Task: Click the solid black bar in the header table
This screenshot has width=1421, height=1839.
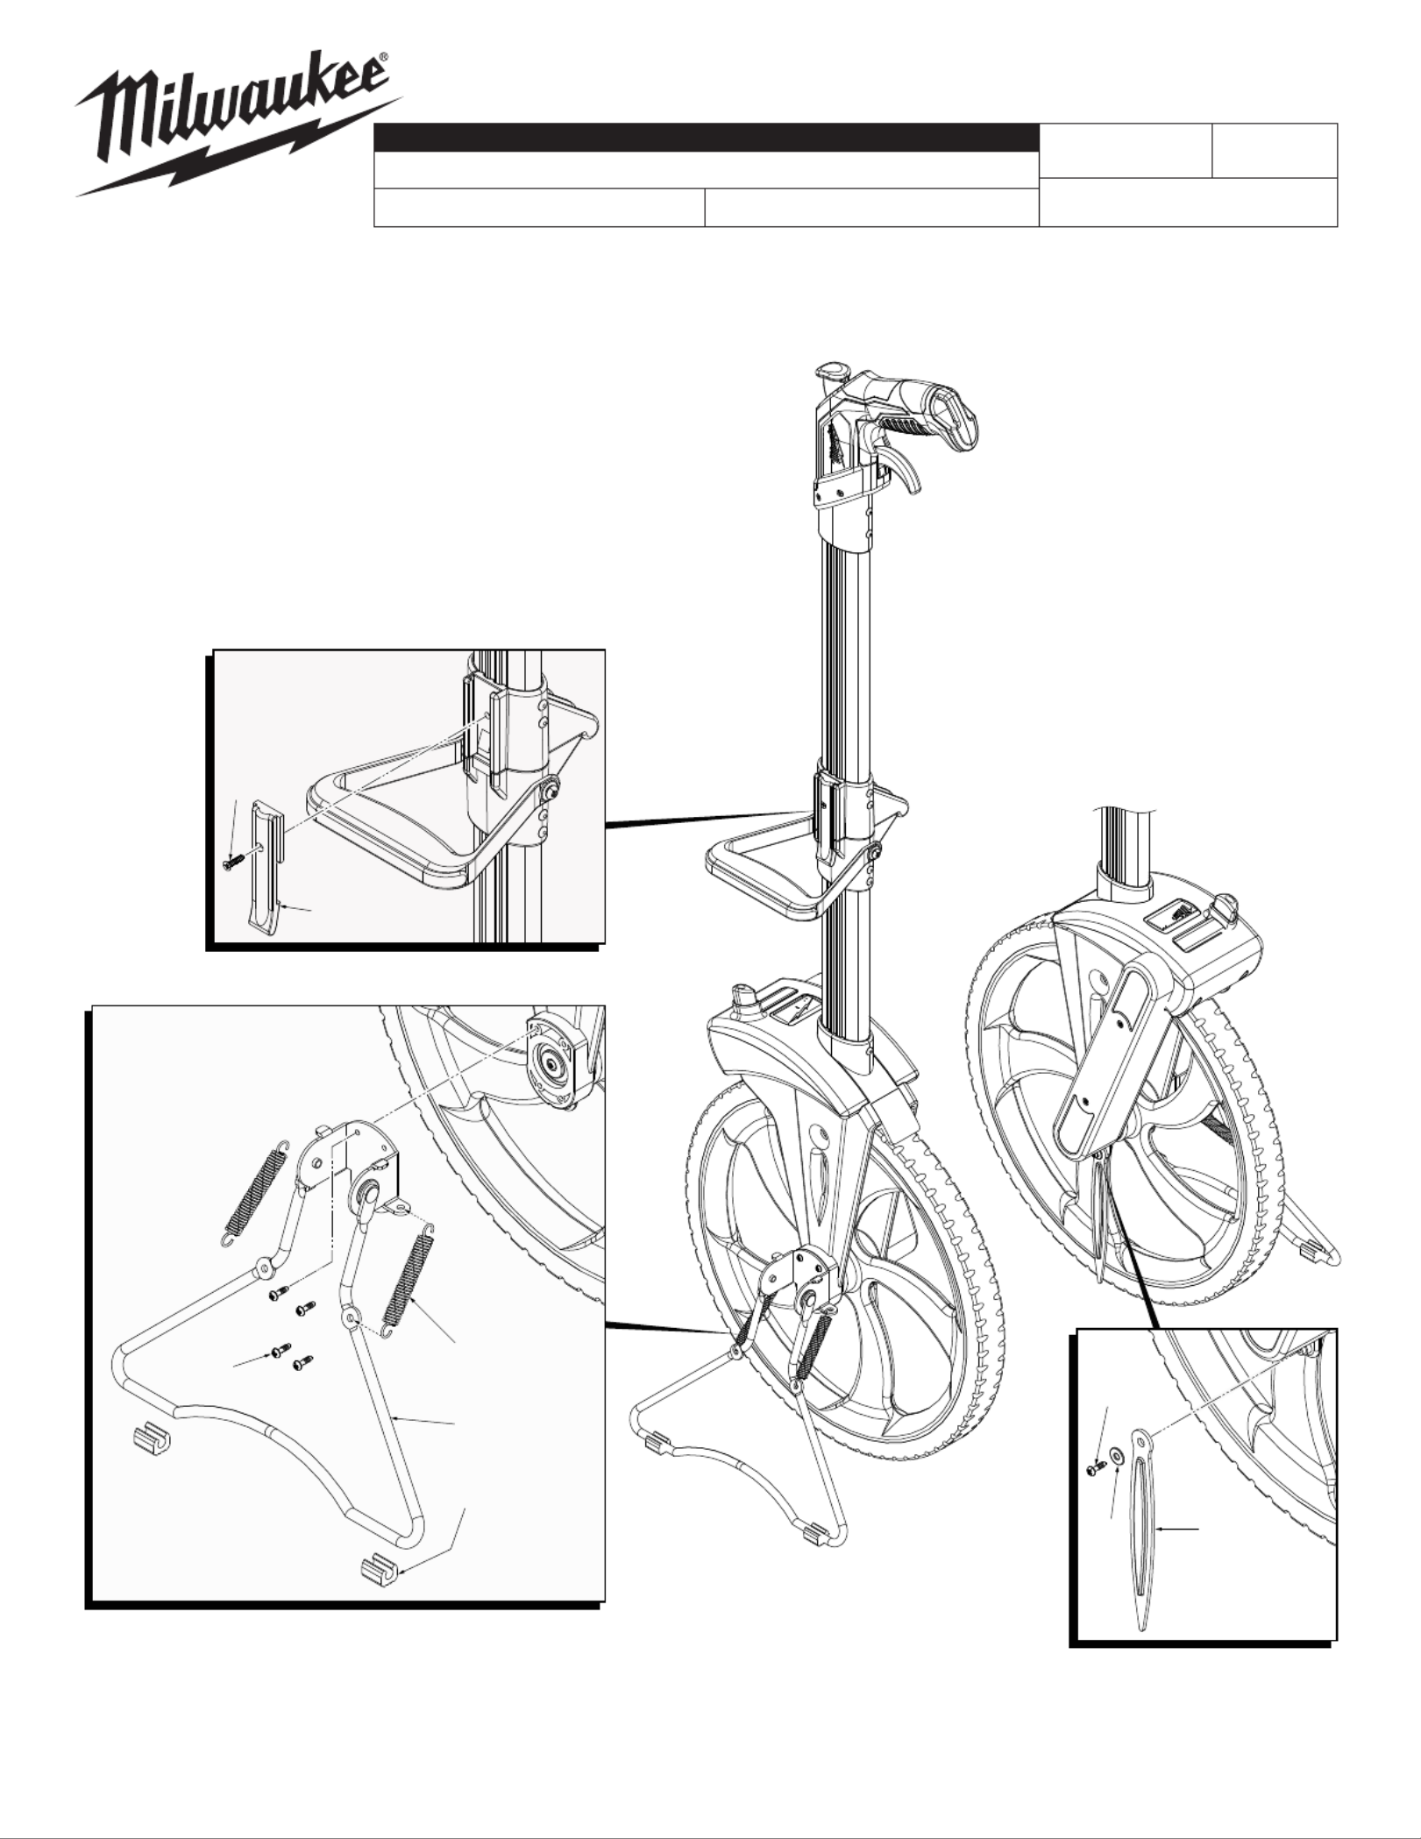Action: pos(706,138)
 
